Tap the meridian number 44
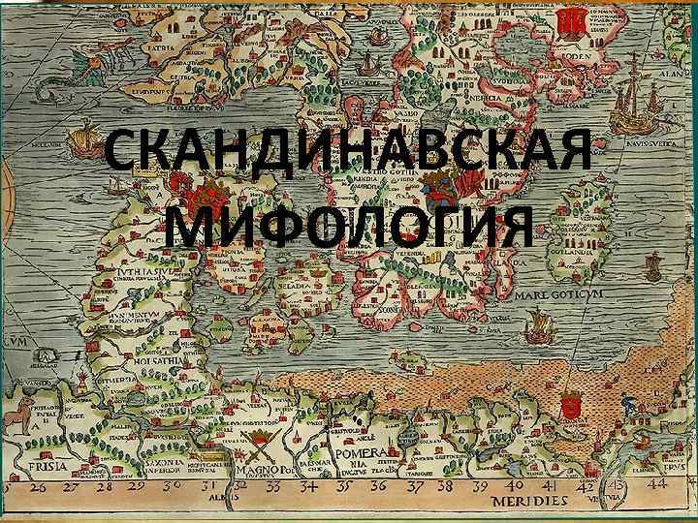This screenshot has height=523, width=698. click(x=658, y=483)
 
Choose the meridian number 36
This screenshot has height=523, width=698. click(x=379, y=484)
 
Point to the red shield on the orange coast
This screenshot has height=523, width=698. click(x=571, y=406)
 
